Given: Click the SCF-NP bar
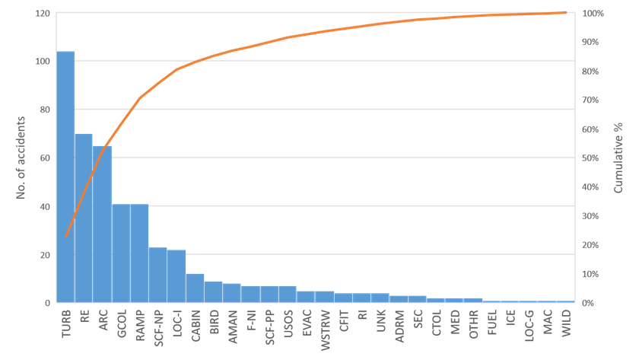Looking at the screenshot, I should point(158,275).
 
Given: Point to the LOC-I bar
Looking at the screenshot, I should point(176,276).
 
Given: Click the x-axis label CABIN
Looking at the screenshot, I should point(196,325).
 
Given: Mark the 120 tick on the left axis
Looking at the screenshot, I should point(43,13).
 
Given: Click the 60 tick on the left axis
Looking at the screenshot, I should point(45,158).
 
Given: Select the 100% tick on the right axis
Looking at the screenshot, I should point(593,13).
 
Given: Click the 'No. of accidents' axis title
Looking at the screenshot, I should point(21,158).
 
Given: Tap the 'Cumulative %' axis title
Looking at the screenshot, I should point(619,158).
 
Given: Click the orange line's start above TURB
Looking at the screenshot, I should point(65,237).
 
